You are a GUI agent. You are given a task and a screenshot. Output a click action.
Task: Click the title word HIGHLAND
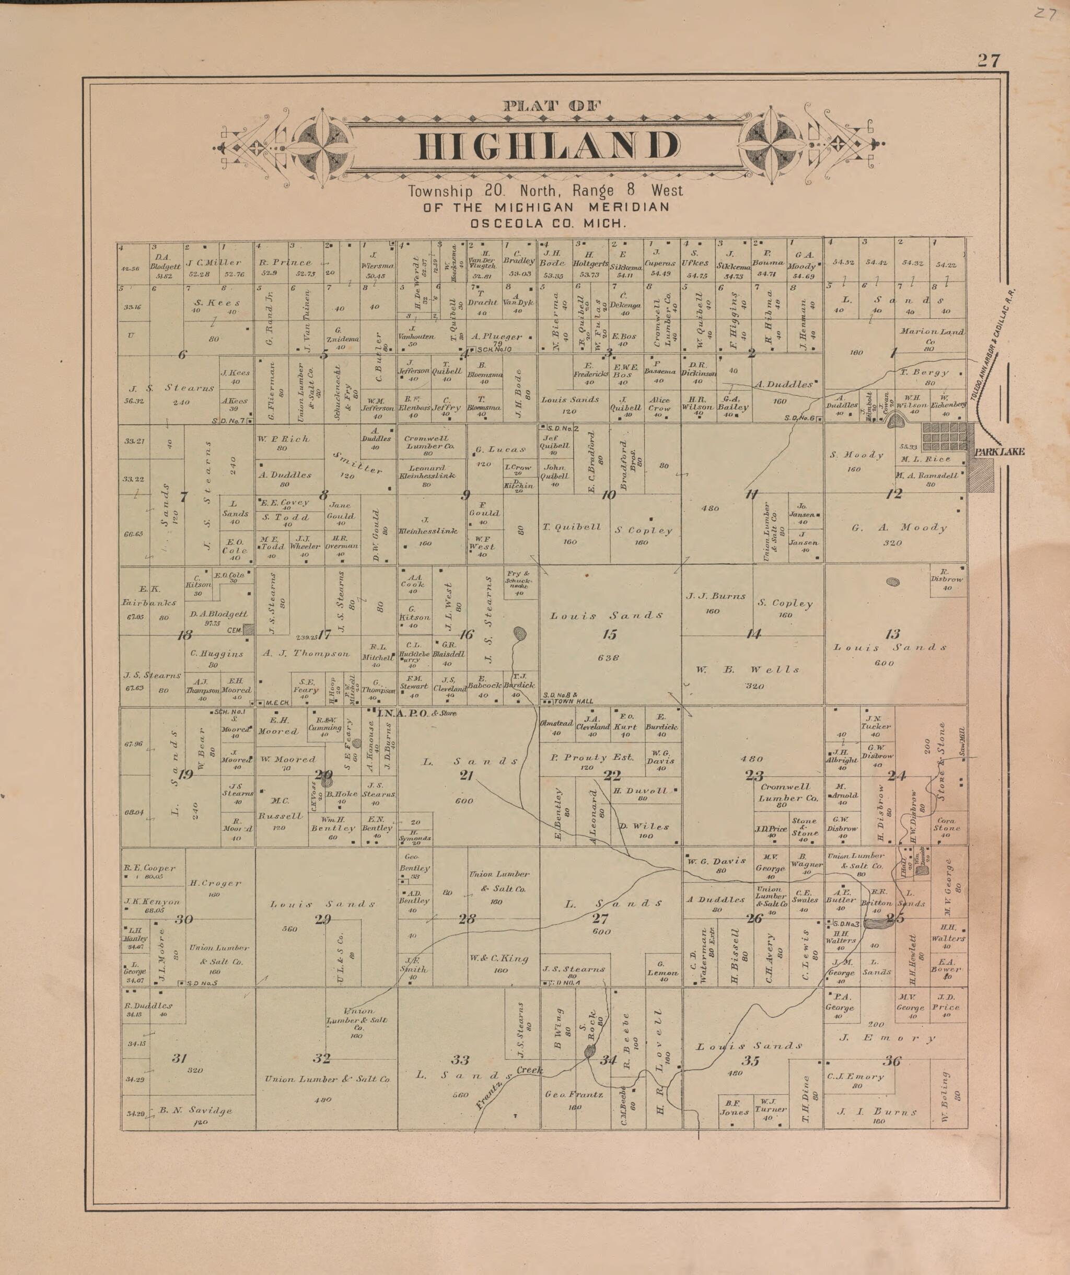[548, 146]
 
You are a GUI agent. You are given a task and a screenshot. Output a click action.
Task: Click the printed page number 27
[988, 61]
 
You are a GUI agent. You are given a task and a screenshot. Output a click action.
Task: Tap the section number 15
[609, 634]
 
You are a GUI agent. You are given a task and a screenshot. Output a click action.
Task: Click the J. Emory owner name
[887, 1038]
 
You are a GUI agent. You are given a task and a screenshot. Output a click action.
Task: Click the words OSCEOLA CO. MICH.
[548, 223]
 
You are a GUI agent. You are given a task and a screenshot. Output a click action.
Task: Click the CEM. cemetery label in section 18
[236, 630]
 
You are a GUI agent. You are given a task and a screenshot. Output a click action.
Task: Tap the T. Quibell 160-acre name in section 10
[572, 527]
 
